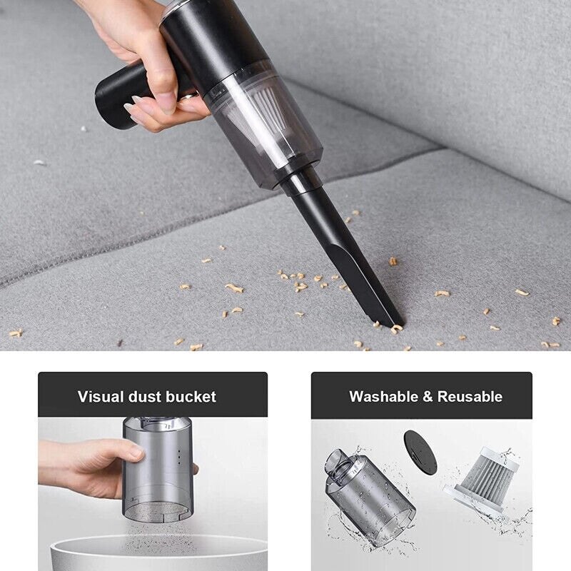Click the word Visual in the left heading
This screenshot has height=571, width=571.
(101, 397)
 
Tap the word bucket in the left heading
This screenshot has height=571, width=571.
(191, 397)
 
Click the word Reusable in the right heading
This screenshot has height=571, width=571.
(470, 397)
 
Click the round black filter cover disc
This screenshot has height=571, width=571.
(420, 453)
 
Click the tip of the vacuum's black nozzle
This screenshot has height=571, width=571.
(395, 323)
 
